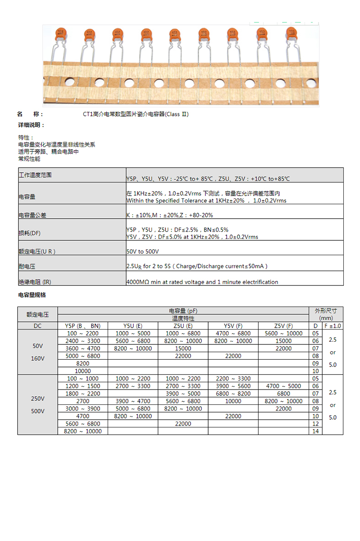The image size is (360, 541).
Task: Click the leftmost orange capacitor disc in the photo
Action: pyautogui.click(x=59, y=33)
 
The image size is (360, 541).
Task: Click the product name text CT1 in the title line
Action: pyautogui.click(x=87, y=114)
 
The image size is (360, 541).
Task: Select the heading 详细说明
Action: pyautogui.click(x=31, y=125)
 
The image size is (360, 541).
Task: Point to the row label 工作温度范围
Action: pyautogui.click(x=35, y=175)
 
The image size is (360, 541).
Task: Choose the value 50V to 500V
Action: pyautogui.click(x=143, y=251)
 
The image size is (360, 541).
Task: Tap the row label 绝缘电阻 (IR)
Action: pyautogui.click(x=35, y=282)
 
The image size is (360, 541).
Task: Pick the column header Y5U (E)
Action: pyautogui.click(x=133, y=326)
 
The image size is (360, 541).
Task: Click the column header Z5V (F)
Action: pyautogui.click(x=283, y=326)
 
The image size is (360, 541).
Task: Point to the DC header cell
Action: pyautogui.click(x=37, y=326)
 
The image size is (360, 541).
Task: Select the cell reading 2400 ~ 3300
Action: pyautogui.click(x=83, y=341)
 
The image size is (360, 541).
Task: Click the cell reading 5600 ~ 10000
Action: pyautogui.click(x=283, y=334)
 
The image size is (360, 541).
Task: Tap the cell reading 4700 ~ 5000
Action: pyautogui.click(x=283, y=386)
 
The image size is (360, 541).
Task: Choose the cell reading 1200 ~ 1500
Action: pyautogui.click(x=83, y=386)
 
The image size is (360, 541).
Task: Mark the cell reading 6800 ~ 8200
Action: pyautogui.click(x=233, y=394)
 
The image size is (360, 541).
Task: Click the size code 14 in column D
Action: pyautogui.click(x=315, y=431)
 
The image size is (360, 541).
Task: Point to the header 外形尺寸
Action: pyautogui.click(x=333, y=311)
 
